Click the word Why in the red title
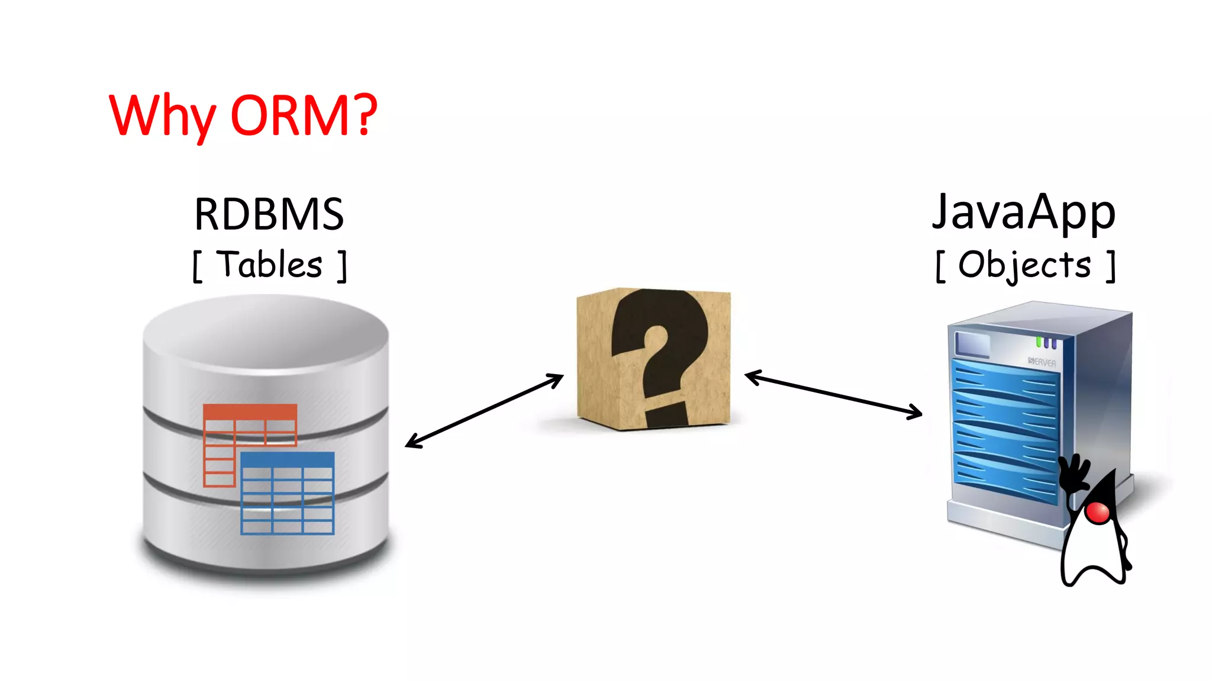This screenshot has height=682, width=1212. click(162, 116)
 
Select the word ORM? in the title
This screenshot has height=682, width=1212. click(304, 115)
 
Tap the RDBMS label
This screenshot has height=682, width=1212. click(269, 214)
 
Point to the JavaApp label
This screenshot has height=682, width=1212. click(1023, 213)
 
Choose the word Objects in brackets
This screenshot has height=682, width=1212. click(1024, 265)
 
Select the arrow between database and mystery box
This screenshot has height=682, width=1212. click(484, 410)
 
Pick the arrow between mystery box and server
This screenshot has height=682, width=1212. click(833, 394)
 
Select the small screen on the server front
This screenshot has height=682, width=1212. click(972, 345)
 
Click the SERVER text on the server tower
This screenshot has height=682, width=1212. click(1042, 362)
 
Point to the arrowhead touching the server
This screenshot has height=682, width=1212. click(917, 413)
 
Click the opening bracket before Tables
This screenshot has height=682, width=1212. click(198, 267)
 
